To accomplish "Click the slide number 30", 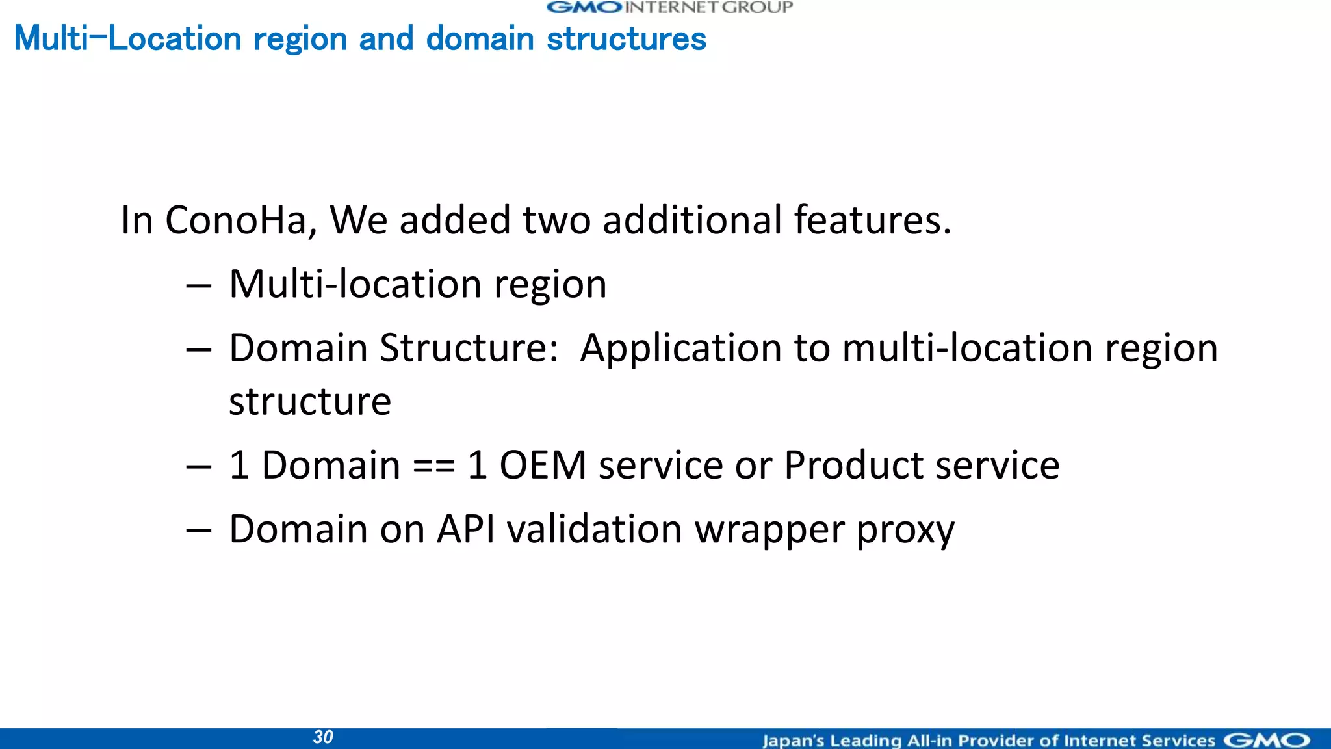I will (323, 737).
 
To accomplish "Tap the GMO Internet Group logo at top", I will (669, 8).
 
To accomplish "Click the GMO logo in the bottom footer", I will (1267, 741).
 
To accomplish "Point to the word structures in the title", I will (627, 38).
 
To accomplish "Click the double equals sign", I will (433, 466).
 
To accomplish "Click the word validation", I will (595, 529).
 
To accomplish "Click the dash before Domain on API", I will (198, 531).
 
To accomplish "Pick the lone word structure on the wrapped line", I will (310, 401).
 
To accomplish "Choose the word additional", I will (692, 220).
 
